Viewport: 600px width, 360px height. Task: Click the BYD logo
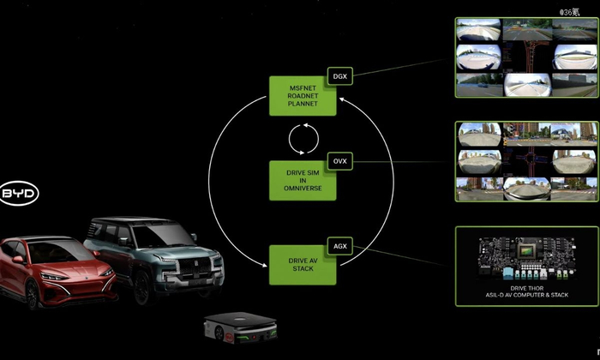pyautogui.click(x=19, y=195)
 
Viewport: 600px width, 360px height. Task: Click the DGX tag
pyautogui.click(x=339, y=76)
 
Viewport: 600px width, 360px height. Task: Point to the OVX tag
pyautogui.click(x=339, y=160)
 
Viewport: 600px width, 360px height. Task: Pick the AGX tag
pyautogui.click(x=339, y=245)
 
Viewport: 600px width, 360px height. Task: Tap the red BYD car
pyautogui.click(x=51, y=270)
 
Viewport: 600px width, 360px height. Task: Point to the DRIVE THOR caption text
pyautogui.click(x=525, y=291)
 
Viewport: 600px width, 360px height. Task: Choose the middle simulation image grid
pyautogui.click(x=525, y=161)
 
